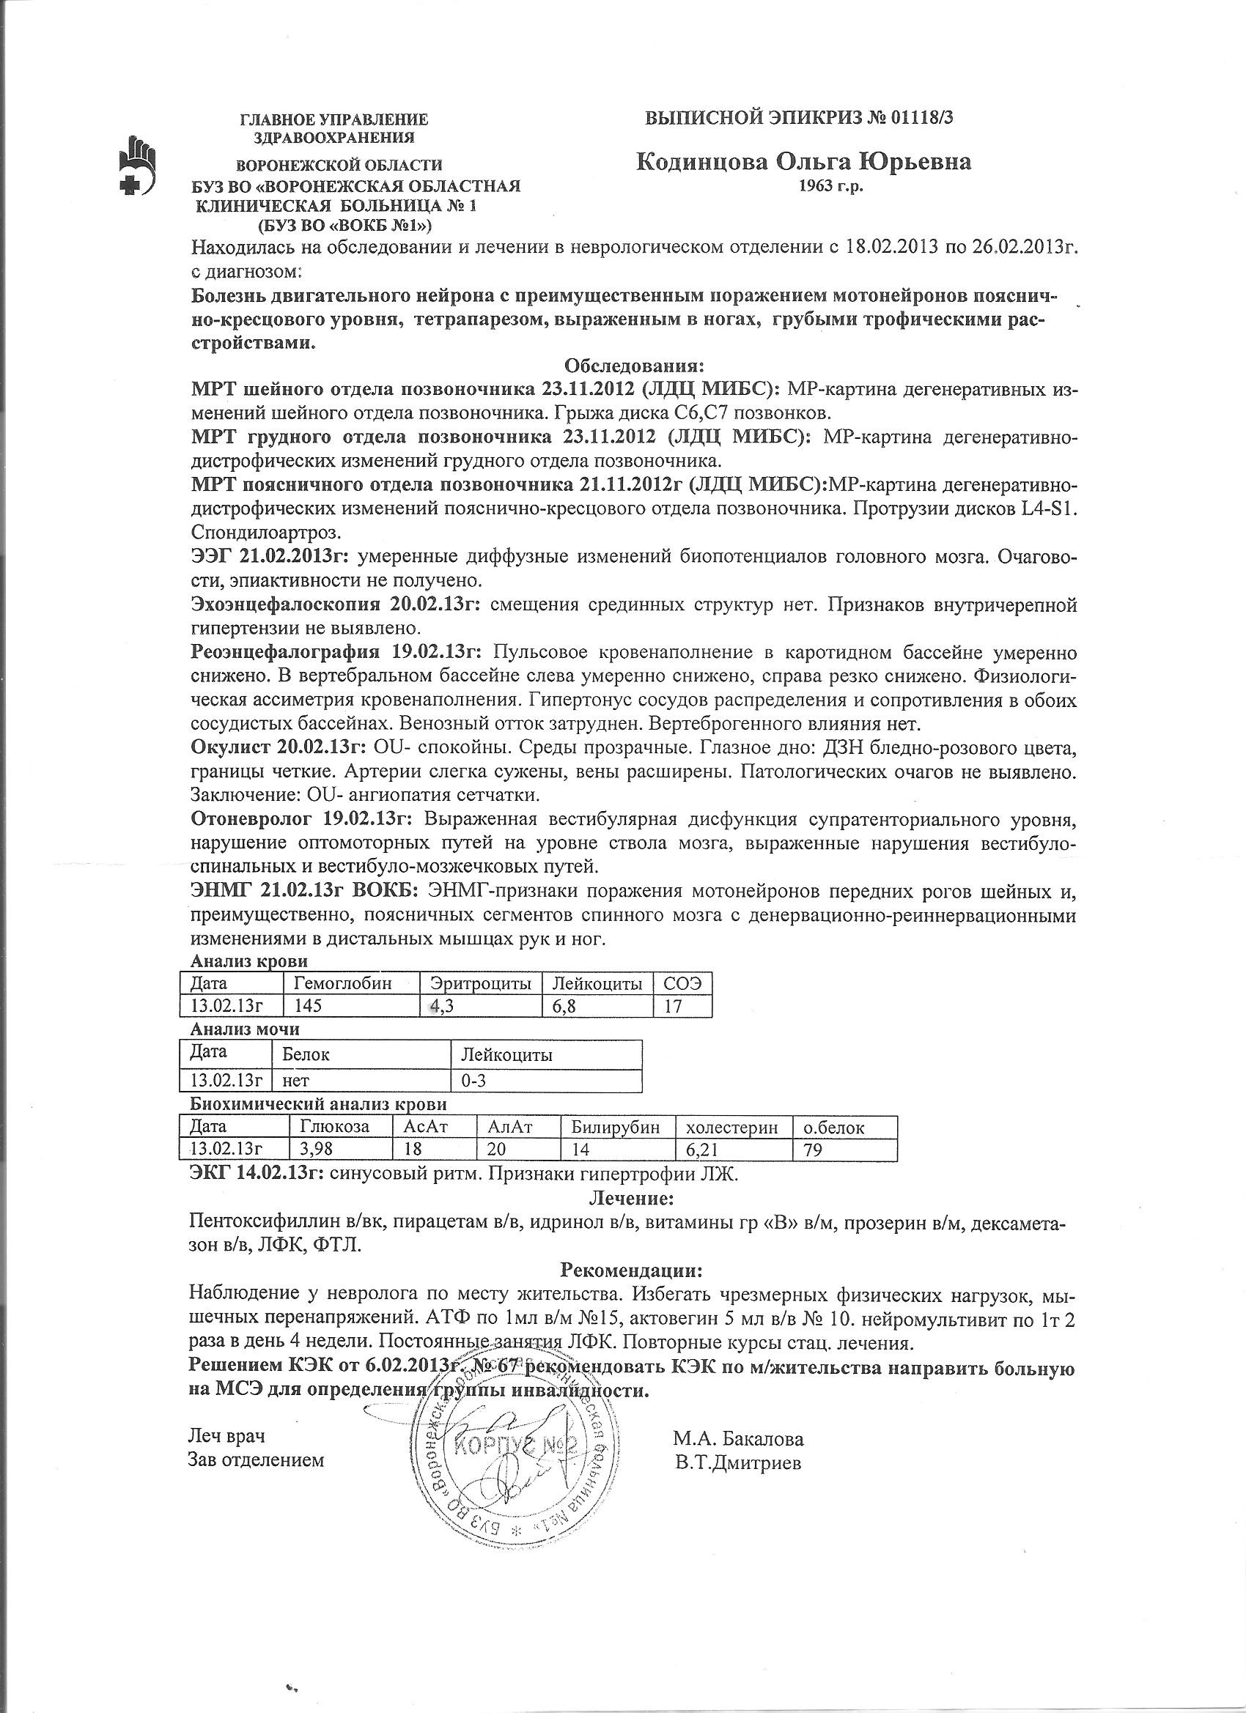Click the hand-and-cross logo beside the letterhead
pyautogui.click(x=139, y=167)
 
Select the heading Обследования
pyautogui.click(x=634, y=367)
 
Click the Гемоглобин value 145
pyautogui.click(x=307, y=1006)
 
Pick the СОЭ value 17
pyautogui.click(x=673, y=1006)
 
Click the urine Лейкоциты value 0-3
pyautogui.click(x=473, y=1081)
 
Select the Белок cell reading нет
pyautogui.click(x=296, y=1081)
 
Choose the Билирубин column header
pyautogui.click(x=615, y=1128)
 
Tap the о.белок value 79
pyautogui.click(x=813, y=1150)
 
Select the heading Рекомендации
pyautogui.click(x=631, y=1268)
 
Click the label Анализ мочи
pyautogui.click(x=245, y=1029)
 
